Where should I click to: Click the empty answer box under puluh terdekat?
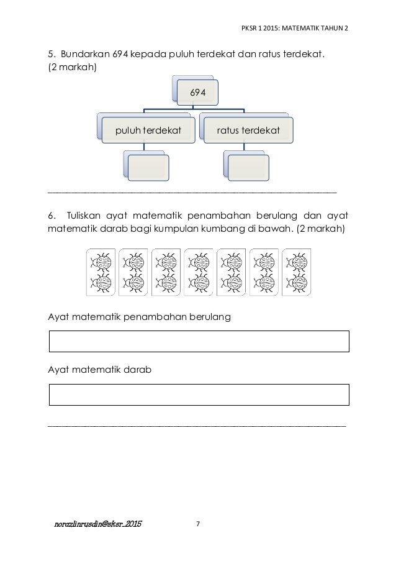(148, 167)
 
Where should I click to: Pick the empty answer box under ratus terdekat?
(248, 167)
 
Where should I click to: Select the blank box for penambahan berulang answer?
(199, 341)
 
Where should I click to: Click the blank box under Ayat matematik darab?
(199, 395)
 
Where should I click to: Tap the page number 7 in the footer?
(198, 524)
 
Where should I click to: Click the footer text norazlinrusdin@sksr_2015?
(97, 524)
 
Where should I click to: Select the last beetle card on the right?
(295, 272)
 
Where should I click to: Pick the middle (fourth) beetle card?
(198, 272)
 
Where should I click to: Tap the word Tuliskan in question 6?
(84, 216)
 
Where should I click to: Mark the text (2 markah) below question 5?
(72, 66)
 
